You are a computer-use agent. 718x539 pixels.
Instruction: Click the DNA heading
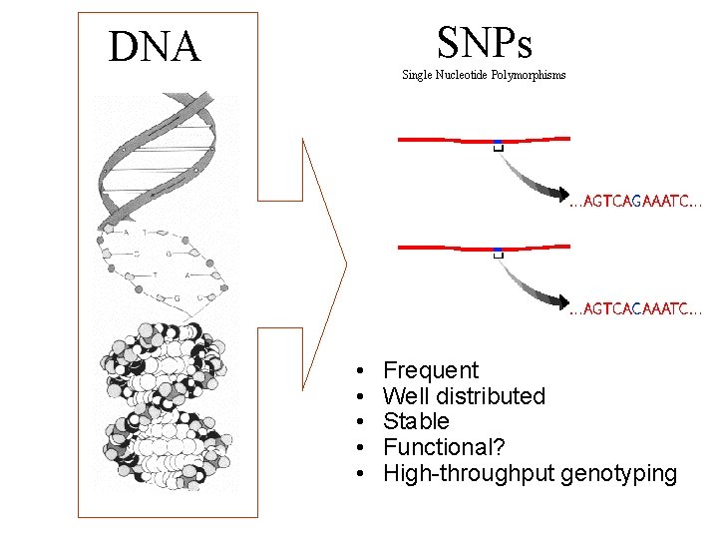tap(155, 47)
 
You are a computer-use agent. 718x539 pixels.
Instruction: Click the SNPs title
tap(485, 42)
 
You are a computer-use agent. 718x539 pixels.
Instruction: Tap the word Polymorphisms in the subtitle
tap(530, 75)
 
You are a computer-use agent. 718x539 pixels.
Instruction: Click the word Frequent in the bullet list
tap(431, 370)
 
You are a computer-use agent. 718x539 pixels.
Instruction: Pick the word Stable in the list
tap(416, 421)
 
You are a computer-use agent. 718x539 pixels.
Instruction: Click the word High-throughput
tap(469, 473)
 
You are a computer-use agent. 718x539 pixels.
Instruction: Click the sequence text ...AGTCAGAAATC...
tap(635, 201)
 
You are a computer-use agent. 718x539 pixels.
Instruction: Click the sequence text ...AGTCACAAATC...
tap(635, 309)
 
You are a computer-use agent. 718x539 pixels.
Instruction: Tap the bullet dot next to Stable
tap(358, 422)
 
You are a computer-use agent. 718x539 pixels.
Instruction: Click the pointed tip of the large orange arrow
tap(345, 265)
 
